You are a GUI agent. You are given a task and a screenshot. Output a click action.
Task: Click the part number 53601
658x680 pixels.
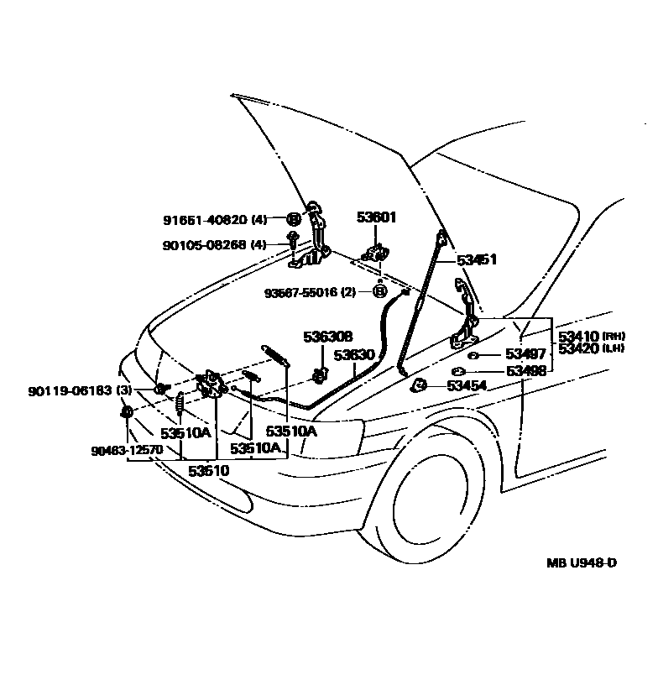point(378,217)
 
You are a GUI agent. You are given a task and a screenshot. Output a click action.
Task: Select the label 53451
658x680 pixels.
point(477,259)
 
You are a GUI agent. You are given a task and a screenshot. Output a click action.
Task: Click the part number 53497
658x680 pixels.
point(526,354)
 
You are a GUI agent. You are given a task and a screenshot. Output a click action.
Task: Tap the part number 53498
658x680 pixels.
point(526,370)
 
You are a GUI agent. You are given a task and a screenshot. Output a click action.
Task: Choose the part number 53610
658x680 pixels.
point(208,471)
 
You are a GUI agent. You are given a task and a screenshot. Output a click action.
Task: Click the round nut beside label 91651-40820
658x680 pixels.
point(294,220)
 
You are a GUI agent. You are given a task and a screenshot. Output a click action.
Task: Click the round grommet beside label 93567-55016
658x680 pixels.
point(379,291)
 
